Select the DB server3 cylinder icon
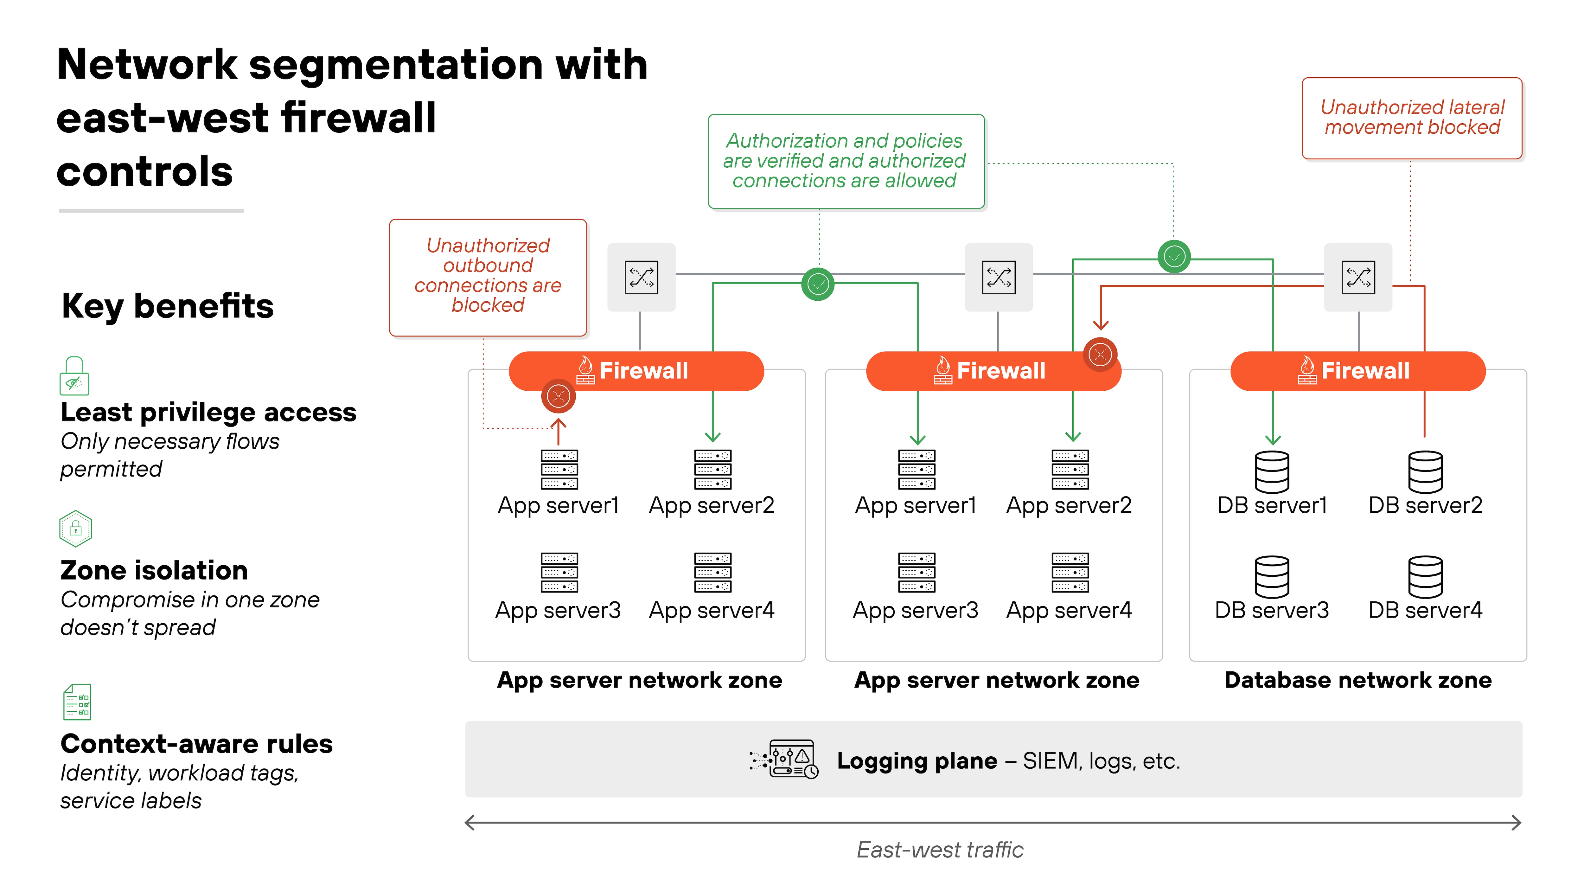(x=1272, y=577)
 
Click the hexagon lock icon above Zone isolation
(x=76, y=528)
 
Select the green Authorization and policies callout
(x=846, y=161)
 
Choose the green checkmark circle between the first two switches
(x=818, y=284)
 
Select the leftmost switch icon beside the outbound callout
(x=641, y=277)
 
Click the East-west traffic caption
(x=940, y=850)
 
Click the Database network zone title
(x=1358, y=680)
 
